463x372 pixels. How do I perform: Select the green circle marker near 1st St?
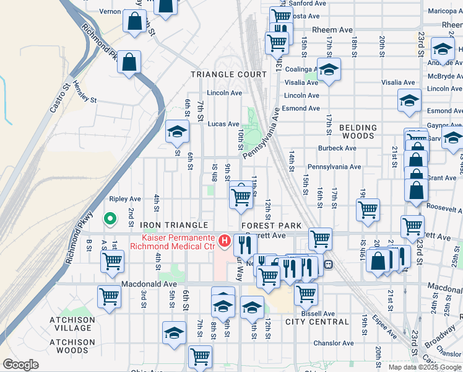click(x=110, y=218)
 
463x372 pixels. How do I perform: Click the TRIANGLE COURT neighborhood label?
click(x=228, y=74)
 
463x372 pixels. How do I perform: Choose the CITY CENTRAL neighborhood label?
click(x=317, y=322)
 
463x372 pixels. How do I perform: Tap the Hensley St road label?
click(x=85, y=92)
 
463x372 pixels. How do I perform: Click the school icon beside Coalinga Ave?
click(x=329, y=69)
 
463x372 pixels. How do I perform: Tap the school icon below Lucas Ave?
click(x=177, y=132)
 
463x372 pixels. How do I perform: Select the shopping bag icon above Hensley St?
click(x=129, y=62)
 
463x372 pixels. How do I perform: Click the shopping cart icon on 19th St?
click(x=368, y=210)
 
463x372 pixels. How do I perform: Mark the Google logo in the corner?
click(x=21, y=365)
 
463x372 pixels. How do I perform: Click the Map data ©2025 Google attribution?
click(x=425, y=367)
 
